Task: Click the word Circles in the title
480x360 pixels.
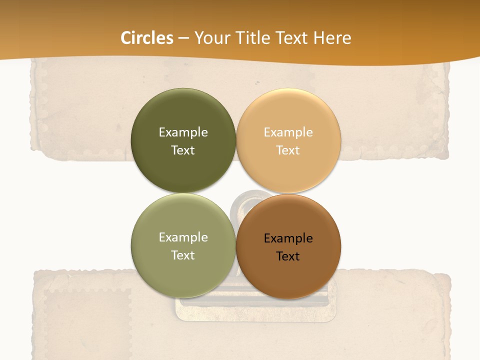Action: pyautogui.click(x=146, y=38)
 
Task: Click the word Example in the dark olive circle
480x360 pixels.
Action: pyautogui.click(x=183, y=132)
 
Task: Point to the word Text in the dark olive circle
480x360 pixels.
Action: pyautogui.click(x=183, y=150)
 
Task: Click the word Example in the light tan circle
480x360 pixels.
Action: pyautogui.click(x=288, y=132)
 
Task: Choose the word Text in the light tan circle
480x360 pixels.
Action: pyautogui.click(x=288, y=150)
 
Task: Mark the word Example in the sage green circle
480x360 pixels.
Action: pyautogui.click(x=183, y=237)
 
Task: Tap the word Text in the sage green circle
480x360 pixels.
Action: pyautogui.click(x=183, y=255)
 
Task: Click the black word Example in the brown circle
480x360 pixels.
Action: pyautogui.click(x=288, y=238)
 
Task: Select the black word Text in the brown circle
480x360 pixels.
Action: pyautogui.click(x=288, y=256)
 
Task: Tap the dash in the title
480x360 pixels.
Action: pyautogui.click(x=183, y=38)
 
